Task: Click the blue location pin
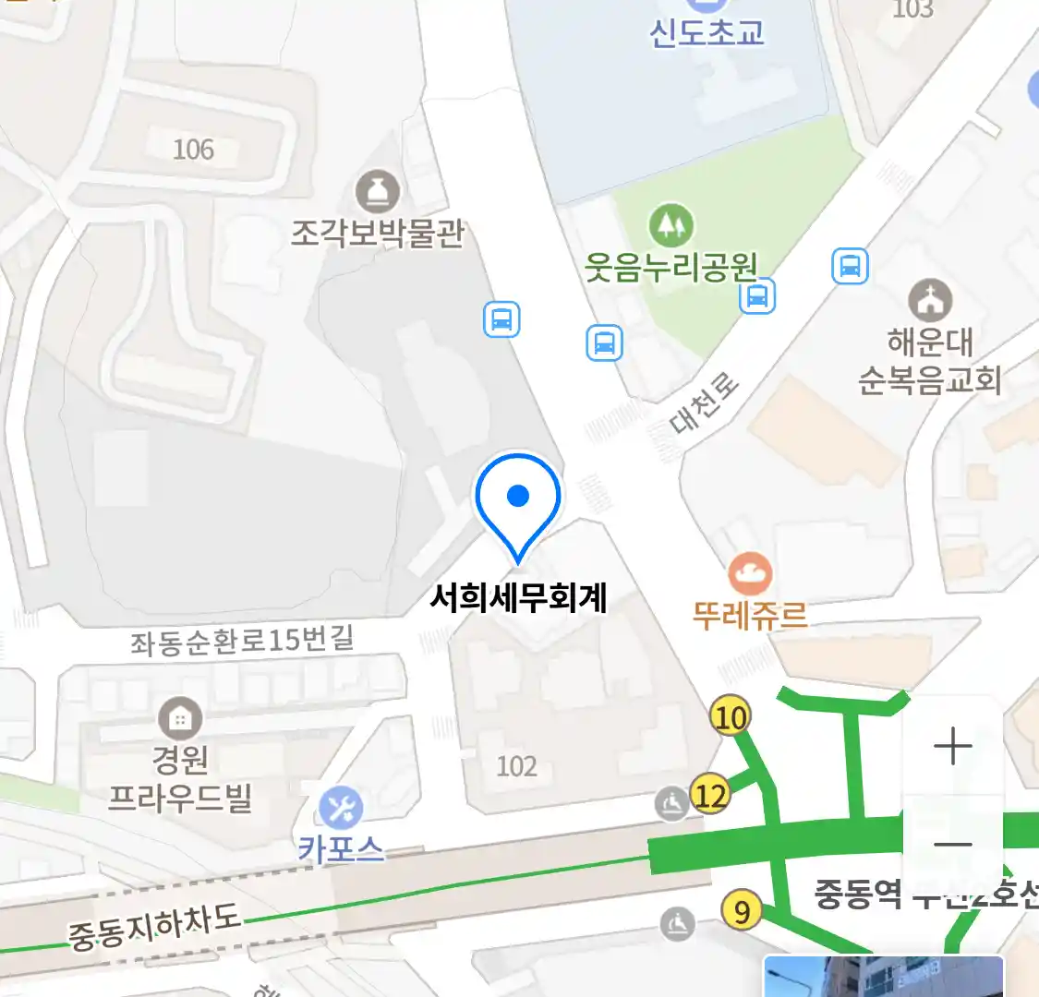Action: (518, 498)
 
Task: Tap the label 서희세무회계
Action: (518, 597)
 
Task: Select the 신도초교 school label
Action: (707, 32)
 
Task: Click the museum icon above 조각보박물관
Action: (378, 192)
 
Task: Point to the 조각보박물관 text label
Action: (378, 233)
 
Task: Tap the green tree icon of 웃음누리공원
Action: (671, 224)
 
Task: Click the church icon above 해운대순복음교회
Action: (929, 300)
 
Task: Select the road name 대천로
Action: (705, 403)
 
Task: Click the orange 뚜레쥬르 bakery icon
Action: (750, 574)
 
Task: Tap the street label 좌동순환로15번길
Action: (242, 639)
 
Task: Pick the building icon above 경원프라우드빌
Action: (180, 717)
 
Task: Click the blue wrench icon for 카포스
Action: (341, 809)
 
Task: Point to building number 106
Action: (193, 149)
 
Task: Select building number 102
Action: (516, 766)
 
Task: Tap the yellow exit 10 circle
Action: (731, 716)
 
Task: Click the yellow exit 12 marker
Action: (710, 795)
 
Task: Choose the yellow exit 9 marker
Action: (742, 912)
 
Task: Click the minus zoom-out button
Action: (952, 844)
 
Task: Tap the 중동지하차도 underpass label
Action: (155, 926)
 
